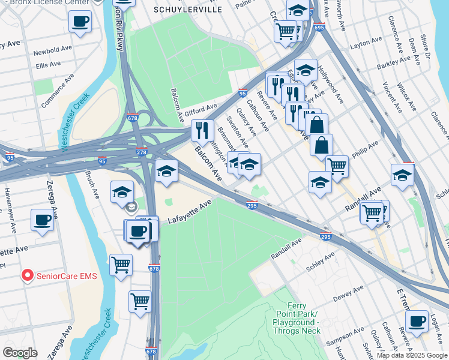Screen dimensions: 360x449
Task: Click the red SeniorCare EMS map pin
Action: tap(27, 275)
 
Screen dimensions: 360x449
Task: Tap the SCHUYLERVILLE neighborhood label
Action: tap(188, 10)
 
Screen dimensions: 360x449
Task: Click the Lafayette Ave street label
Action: tap(190, 213)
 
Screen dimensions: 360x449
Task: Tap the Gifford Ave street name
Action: tap(202, 109)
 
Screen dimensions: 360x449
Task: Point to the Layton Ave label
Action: tap(366, 43)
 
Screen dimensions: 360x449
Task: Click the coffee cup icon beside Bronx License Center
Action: tap(80, 22)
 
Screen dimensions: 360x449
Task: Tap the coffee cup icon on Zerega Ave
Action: tap(43, 220)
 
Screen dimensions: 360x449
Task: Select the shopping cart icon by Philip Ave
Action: tap(337, 166)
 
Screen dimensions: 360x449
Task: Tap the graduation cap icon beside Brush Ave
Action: tap(122, 192)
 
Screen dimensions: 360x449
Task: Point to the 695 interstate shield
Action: tap(319, 28)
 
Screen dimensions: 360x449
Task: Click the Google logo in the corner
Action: tap(20, 353)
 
